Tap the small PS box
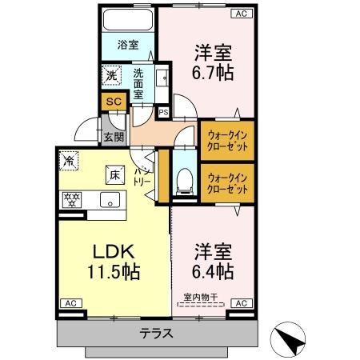[x=163, y=112]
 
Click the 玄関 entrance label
[x=112, y=137]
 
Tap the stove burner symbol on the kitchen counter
[x=70, y=199]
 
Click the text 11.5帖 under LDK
[x=114, y=271]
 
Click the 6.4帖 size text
[x=212, y=271]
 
